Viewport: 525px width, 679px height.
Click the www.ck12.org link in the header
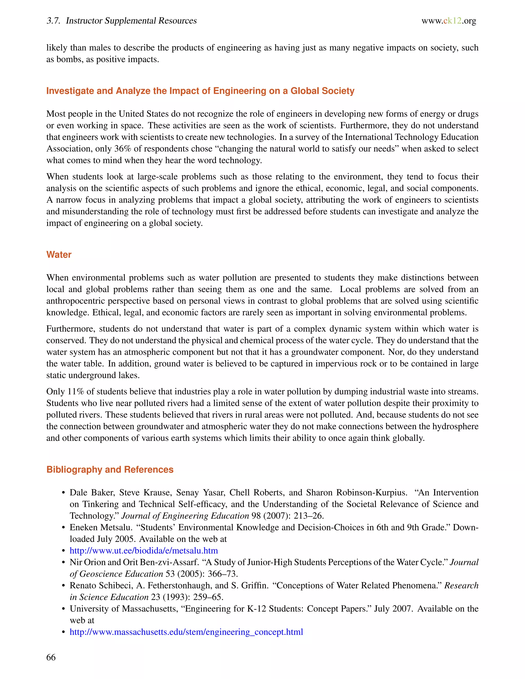[x=449, y=21]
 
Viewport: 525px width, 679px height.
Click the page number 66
[x=51, y=657]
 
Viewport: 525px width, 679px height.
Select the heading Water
[x=59, y=255]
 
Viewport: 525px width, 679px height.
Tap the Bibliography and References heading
[x=110, y=469]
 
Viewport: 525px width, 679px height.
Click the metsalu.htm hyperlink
[x=144, y=551]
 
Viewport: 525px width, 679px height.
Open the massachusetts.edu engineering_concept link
[x=186, y=632]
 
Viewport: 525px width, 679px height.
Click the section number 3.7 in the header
[x=53, y=21]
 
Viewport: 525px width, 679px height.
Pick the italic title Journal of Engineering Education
[x=185, y=516]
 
